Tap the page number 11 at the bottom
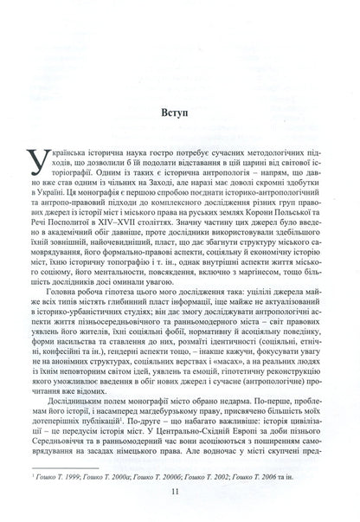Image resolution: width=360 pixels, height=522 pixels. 179,494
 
